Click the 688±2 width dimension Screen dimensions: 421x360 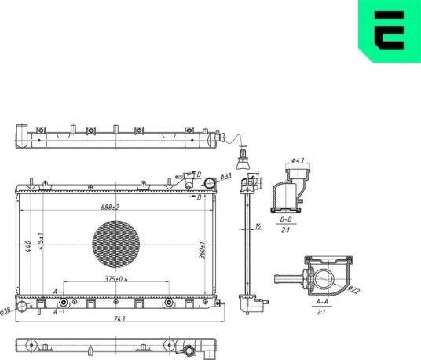pos(110,208)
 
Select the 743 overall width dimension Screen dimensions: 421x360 pos(119,318)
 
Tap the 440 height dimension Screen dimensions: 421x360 pos(28,246)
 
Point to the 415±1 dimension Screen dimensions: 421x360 pos(41,241)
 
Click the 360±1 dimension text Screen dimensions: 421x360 pos(202,250)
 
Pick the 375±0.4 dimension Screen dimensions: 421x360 pos(116,279)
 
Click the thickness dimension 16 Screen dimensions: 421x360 pos(258,226)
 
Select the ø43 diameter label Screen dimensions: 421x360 pos(298,160)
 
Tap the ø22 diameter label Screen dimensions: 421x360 pos(353,290)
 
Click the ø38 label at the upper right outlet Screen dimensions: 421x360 pos(225,177)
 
